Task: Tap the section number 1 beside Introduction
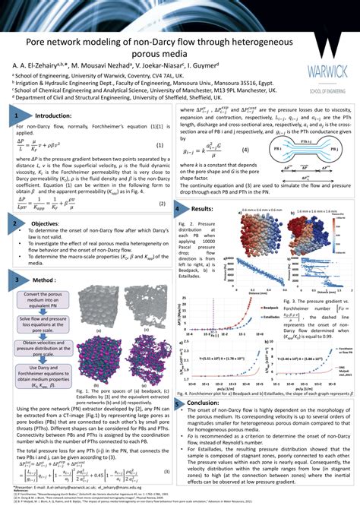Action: tap(16, 115)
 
